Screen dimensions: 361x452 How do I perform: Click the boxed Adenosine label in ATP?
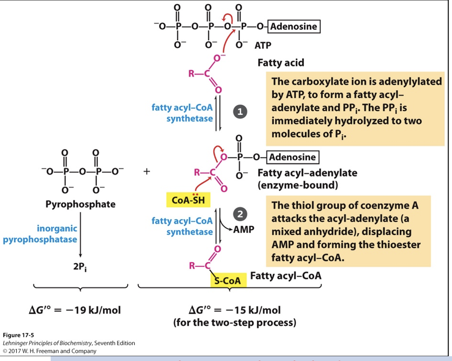click(293, 26)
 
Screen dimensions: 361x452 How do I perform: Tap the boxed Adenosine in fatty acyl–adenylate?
click(292, 157)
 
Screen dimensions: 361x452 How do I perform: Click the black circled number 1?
click(241, 112)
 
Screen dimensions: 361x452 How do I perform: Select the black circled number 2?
click(241, 214)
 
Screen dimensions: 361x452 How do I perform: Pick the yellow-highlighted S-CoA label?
click(228, 280)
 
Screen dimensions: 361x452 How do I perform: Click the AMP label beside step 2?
click(243, 229)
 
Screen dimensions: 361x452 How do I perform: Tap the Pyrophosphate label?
click(80, 204)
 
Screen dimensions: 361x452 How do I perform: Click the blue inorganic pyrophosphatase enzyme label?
click(40, 234)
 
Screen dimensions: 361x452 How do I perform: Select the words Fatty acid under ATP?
click(280, 63)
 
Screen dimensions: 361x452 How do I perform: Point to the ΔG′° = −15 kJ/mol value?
click(235, 311)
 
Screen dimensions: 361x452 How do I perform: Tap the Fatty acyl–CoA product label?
click(285, 276)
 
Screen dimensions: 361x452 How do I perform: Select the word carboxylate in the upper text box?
click(316, 81)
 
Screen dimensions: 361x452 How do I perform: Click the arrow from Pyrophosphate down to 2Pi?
click(80, 235)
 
